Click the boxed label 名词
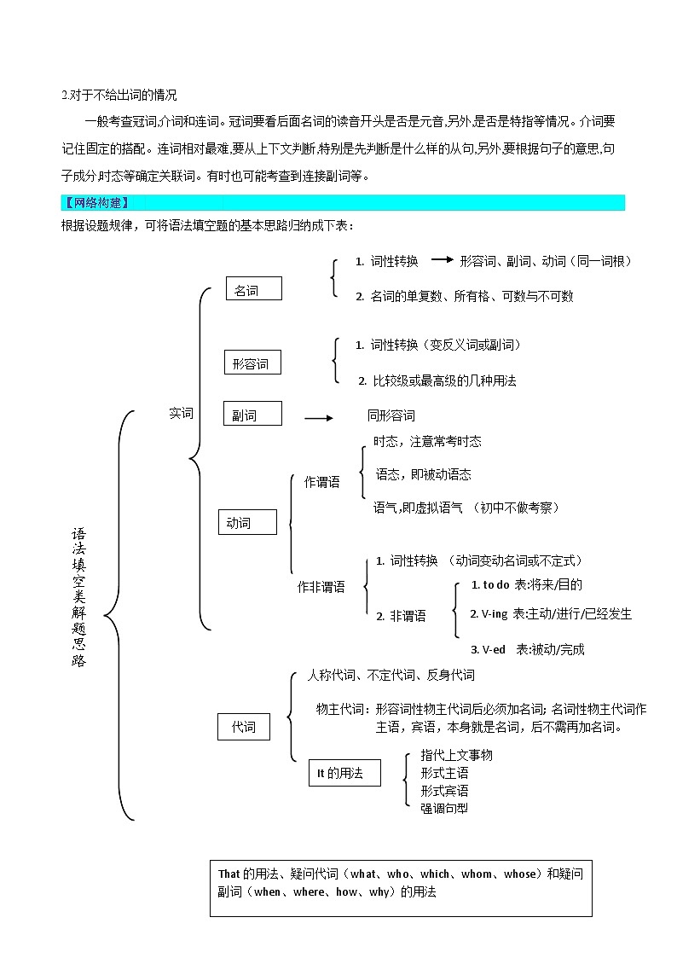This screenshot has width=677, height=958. [x=254, y=288]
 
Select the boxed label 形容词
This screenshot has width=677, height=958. [x=252, y=363]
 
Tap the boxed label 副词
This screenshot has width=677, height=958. [x=252, y=414]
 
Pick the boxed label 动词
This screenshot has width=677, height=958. [x=247, y=522]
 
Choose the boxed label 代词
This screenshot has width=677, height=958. [x=244, y=727]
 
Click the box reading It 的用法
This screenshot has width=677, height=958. [x=345, y=773]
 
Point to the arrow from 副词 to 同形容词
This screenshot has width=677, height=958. [x=319, y=419]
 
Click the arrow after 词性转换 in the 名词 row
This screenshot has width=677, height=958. [x=442, y=259]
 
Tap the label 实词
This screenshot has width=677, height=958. [x=181, y=414]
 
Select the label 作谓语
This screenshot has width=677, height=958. [x=321, y=482]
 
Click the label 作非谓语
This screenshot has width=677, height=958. [x=321, y=587]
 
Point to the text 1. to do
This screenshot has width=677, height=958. [x=490, y=585]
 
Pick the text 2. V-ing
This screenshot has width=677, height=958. [x=489, y=614]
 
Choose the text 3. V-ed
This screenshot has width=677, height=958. [x=488, y=649]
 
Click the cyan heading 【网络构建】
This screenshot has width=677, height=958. [x=95, y=203]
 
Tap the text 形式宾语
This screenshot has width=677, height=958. [x=444, y=791]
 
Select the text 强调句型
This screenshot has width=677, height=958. [x=444, y=809]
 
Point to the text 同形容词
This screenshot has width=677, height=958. [x=391, y=416]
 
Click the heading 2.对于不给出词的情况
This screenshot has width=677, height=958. [x=119, y=96]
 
